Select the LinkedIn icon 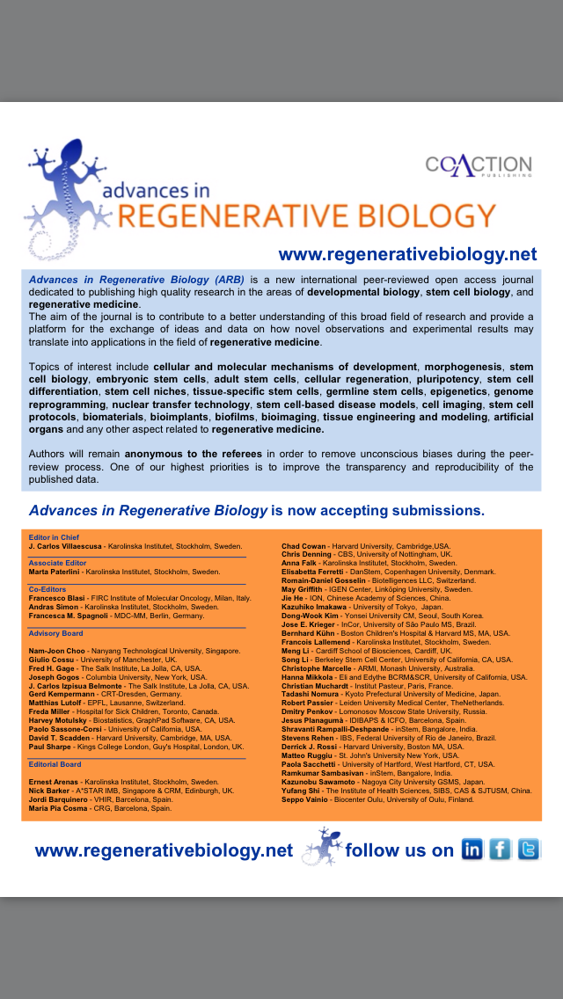(472, 850)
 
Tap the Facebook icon (501, 850)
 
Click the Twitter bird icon (529, 850)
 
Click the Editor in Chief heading (55, 536)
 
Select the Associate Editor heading (58, 563)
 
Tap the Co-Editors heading (48, 589)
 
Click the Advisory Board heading (55, 633)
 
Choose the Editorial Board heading (55, 764)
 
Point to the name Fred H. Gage (50, 668)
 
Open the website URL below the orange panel (164, 850)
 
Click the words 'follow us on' (399, 850)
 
